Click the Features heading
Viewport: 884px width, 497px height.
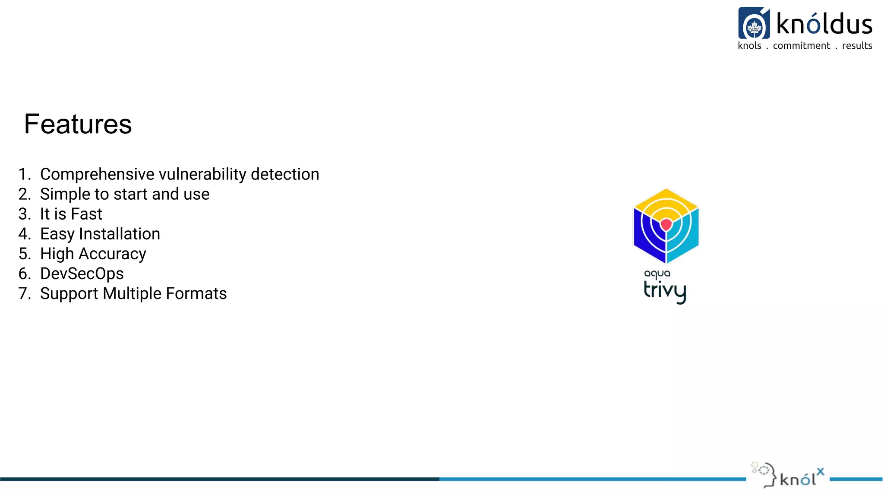click(x=78, y=124)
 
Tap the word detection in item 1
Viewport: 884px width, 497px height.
click(x=285, y=174)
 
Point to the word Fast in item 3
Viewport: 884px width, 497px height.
click(x=86, y=214)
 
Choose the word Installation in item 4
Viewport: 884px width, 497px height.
click(x=120, y=234)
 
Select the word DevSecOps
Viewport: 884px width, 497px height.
click(x=82, y=274)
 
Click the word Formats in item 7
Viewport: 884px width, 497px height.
click(x=196, y=293)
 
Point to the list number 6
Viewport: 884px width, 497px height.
click(x=24, y=274)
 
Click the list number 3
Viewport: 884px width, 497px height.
click(x=24, y=214)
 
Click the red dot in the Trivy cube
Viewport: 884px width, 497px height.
click(x=666, y=224)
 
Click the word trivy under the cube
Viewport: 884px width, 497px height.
click(x=665, y=291)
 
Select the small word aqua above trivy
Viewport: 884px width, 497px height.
click(x=657, y=274)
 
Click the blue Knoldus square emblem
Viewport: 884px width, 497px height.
click(x=754, y=23)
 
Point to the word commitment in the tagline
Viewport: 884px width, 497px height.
click(x=801, y=46)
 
